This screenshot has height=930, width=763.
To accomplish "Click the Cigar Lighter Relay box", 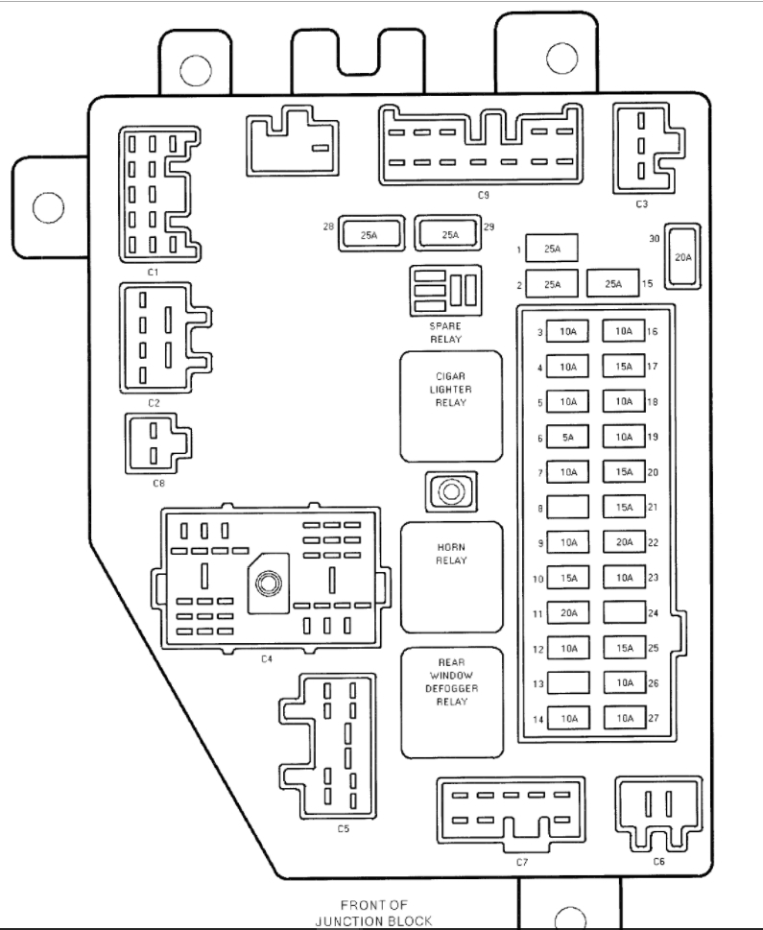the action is [x=451, y=406].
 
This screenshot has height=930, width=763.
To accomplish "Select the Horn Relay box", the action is [x=451, y=578].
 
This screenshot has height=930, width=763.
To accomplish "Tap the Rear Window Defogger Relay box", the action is [x=452, y=703].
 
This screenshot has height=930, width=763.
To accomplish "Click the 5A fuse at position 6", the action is [x=567, y=437].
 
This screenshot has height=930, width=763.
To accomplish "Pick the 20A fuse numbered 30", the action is [x=682, y=256].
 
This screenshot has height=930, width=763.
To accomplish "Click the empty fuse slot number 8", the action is [x=568, y=507].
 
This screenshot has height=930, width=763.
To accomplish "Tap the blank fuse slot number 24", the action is [x=624, y=612].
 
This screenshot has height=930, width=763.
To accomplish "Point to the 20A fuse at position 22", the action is [x=624, y=541].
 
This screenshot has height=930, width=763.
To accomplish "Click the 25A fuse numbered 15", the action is [x=613, y=283].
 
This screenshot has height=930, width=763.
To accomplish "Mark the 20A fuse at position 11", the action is [x=568, y=612].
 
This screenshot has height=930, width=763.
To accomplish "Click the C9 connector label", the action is [x=483, y=195].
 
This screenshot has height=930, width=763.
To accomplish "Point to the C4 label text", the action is [x=267, y=659].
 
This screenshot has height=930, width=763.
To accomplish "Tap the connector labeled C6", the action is [x=658, y=813].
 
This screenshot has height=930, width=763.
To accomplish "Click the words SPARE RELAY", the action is [x=445, y=333].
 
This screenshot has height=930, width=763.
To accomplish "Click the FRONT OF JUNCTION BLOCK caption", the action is [x=373, y=913].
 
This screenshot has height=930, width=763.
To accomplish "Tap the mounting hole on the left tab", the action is [x=48, y=207].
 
